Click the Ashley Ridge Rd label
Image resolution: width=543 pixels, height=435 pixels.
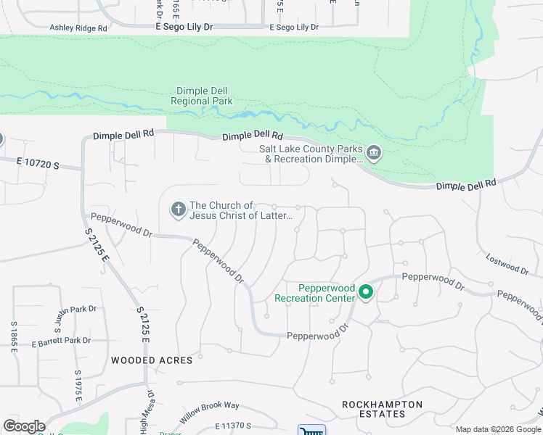pyautogui.click(x=78, y=28)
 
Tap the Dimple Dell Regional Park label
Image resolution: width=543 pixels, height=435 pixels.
pyautogui.click(x=202, y=96)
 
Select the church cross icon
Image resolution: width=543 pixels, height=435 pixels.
pyautogui.click(x=178, y=210)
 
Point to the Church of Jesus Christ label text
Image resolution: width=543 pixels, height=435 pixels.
pyautogui.click(x=241, y=211)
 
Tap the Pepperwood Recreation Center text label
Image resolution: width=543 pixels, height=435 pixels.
pyautogui.click(x=314, y=292)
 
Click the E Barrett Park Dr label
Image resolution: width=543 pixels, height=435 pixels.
pyautogui.click(x=62, y=341)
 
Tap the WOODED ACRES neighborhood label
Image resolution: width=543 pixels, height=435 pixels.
pyautogui.click(x=152, y=360)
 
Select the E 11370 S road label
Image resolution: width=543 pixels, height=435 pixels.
pyautogui.click(x=232, y=427)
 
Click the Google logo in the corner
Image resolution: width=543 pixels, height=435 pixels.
pyautogui.click(x=24, y=426)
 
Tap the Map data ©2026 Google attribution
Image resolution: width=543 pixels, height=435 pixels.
pyautogui.click(x=498, y=430)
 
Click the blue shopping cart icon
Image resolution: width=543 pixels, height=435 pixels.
pyautogui.click(x=311, y=430)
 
